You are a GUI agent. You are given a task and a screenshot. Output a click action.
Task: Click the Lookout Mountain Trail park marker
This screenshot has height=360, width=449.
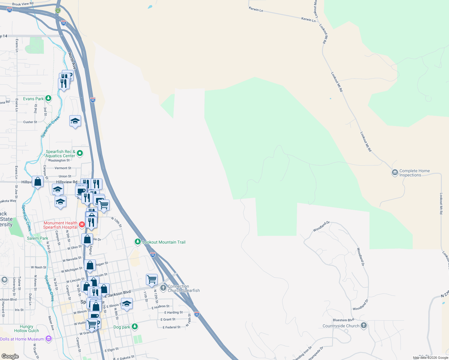pyautogui.click(x=138, y=242)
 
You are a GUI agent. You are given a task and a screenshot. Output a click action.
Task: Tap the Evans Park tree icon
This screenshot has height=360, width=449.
pyautogui.click(x=48, y=98)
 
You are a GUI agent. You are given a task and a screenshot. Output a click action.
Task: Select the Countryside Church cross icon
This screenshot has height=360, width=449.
pyautogui.click(x=364, y=325)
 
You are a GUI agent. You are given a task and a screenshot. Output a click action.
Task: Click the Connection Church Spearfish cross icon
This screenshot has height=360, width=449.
pyautogui.click(x=163, y=288)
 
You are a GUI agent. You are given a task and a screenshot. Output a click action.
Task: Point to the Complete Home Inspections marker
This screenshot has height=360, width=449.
pyautogui.click(x=395, y=173)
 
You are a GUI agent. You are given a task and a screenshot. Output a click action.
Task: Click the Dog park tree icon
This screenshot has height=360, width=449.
pyautogui.click(x=135, y=327)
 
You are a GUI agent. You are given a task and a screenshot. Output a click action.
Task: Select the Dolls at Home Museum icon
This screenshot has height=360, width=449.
pyautogui.click(x=48, y=339)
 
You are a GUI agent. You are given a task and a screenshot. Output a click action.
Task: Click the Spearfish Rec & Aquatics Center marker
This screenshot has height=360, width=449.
pyautogui.click(x=80, y=153)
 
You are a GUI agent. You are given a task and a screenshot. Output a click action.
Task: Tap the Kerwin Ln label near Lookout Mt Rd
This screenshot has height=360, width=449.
pyautogui.click(x=308, y=19)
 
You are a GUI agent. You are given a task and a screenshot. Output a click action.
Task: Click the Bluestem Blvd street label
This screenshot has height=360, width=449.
pyautogui.click(x=343, y=320)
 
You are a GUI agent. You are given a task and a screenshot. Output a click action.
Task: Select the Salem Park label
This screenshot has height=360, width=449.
pyautogui.click(x=38, y=238)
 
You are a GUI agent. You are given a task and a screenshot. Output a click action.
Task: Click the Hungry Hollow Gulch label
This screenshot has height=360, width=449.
pyautogui.click(x=26, y=328)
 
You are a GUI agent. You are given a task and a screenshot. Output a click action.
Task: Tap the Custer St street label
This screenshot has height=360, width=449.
pyautogui.click(x=30, y=122)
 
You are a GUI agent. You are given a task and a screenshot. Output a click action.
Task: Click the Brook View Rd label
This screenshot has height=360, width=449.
pyautogui.click(x=23, y=4)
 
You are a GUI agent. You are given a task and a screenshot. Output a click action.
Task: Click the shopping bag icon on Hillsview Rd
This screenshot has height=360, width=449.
pyautogui.click(x=38, y=182)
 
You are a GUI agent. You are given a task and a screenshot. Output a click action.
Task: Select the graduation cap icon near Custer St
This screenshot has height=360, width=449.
pyautogui.click(x=75, y=121)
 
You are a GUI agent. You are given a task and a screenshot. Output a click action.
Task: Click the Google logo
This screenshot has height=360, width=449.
pyautogui.click(x=10, y=356)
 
